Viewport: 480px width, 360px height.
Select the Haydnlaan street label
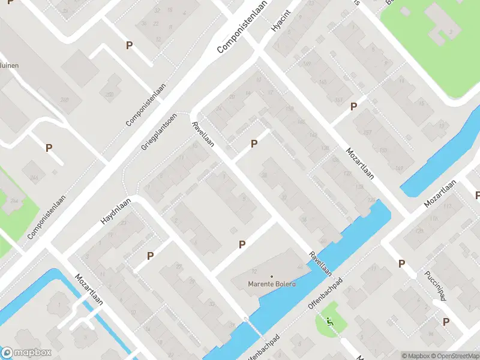[116, 212]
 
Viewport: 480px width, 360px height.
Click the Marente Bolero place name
[272, 284]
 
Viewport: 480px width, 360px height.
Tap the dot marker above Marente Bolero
[272, 277]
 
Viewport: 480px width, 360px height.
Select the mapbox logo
[27, 353]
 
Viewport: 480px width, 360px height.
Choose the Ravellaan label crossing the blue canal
[320, 263]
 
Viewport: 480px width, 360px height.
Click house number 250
[109, 94]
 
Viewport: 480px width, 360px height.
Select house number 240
[64, 100]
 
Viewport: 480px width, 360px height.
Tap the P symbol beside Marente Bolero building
[242, 244]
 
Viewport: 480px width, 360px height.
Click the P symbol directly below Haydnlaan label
[150, 256]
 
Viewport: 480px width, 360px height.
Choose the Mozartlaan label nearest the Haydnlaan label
[89, 289]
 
